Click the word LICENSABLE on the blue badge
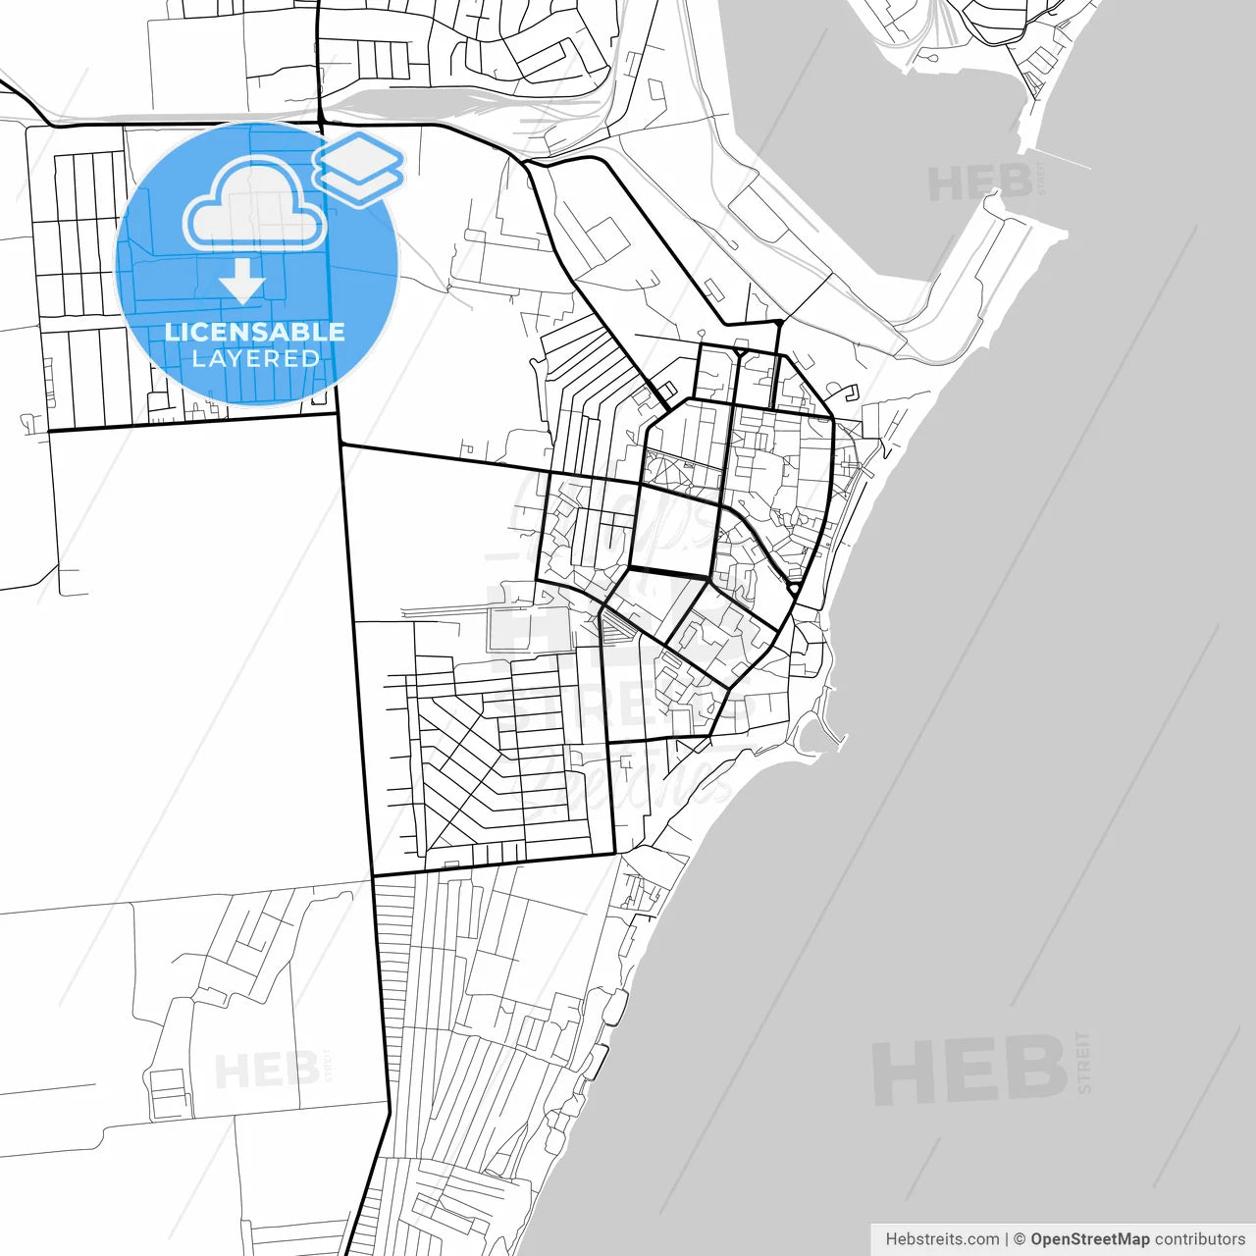(255, 332)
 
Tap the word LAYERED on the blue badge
(255, 359)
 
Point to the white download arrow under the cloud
(242, 281)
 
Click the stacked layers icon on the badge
(359, 168)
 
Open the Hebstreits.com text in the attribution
(942, 1239)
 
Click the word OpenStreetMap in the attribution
(1089, 1239)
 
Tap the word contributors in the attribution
(1199, 1239)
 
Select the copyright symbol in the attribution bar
(1020, 1239)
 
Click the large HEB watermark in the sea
(969, 1070)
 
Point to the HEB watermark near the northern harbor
(979, 183)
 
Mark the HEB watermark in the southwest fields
(265, 1071)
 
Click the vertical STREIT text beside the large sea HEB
(1083, 1062)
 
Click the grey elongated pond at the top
(412, 99)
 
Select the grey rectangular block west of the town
(528, 629)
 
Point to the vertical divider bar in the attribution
(1007, 1239)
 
